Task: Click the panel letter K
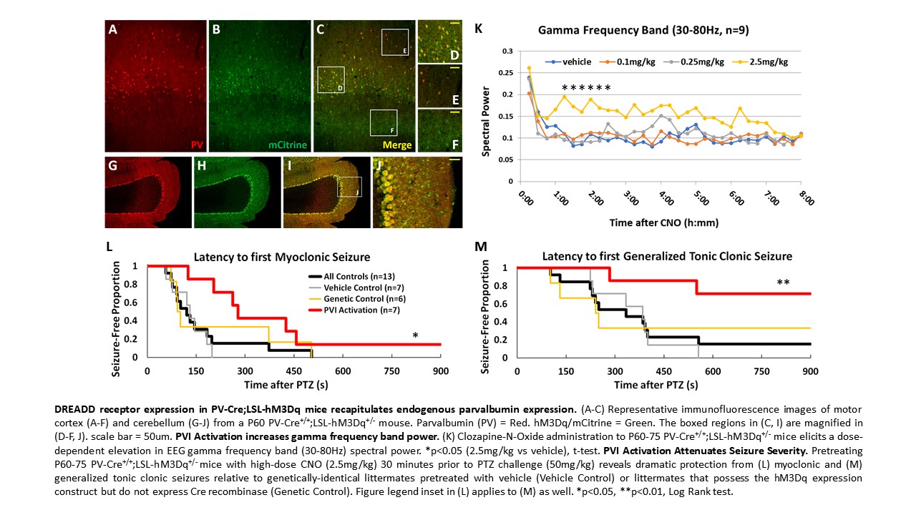tap(478, 29)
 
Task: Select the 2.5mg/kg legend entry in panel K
tap(764, 62)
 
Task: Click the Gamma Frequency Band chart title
tap(644, 31)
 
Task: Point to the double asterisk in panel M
tap(782, 283)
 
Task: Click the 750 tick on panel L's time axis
tap(391, 371)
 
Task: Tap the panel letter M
tap(480, 247)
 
